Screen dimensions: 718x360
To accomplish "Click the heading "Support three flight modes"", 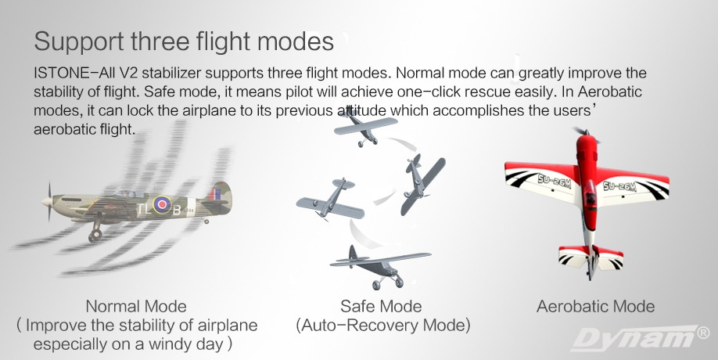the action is [184, 41].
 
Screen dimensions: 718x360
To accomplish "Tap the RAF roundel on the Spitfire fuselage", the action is [162, 204].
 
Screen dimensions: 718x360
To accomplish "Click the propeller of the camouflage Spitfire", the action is [49, 202].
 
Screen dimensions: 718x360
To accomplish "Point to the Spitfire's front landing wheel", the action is [95, 236].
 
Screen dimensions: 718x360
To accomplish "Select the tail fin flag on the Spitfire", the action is [214, 194].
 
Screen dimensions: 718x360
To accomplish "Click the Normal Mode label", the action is [136, 306].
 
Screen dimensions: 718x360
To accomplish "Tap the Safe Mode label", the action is [381, 306].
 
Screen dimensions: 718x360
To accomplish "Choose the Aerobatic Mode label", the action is [595, 306].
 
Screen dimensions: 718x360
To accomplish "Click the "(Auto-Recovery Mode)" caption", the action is [382, 326].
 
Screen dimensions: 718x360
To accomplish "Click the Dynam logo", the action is [634, 338].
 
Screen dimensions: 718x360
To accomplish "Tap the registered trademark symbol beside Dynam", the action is [703, 333].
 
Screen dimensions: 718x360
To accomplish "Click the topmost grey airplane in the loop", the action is [365, 127].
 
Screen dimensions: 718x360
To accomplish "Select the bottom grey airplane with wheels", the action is [379, 267].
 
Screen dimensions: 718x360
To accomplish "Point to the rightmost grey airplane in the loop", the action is [422, 184].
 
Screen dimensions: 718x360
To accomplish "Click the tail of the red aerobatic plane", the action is [591, 259].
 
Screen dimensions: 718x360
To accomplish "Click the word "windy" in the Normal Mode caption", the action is [163, 344].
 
